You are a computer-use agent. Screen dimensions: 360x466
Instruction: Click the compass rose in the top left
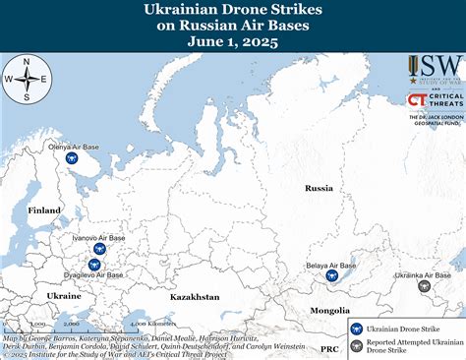click(26, 81)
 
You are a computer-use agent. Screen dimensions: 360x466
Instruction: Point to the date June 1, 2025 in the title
click(233, 41)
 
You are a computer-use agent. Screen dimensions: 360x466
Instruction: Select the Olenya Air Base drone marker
click(70, 157)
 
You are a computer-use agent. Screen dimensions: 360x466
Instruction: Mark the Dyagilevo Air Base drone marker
click(94, 264)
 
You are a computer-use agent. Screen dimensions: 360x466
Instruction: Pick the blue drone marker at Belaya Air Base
click(332, 276)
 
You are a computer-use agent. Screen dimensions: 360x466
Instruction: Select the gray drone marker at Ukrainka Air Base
click(424, 286)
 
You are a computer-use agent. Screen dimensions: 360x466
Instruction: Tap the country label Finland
click(44, 210)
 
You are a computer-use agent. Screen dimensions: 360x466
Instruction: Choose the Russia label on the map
click(319, 187)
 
